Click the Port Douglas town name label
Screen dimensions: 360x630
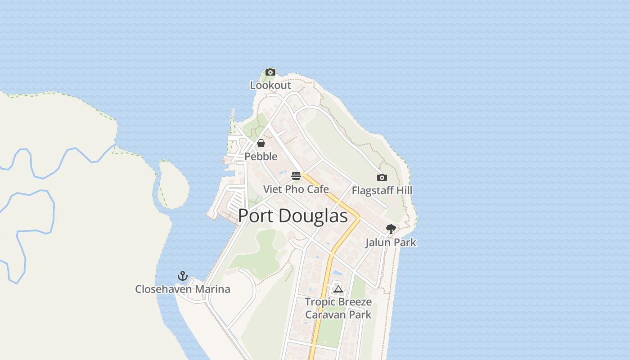(x=292, y=216)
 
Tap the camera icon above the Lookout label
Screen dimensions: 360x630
(x=270, y=72)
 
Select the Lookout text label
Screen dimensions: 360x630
(x=270, y=85)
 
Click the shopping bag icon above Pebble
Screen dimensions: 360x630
(x=261, y=143)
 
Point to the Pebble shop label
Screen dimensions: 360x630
(x=261, y=157)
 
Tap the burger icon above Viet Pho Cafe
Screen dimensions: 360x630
(x=296, y=175)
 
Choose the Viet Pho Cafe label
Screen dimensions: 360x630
(x=296, y=189)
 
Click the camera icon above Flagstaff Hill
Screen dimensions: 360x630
(x=382, y=177)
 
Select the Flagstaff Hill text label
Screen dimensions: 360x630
(x=382, y=190)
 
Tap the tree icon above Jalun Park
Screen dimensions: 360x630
(x=391, y=229)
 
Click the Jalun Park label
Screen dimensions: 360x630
(x=391, y=243)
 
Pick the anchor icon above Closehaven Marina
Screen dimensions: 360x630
(x=183, y=276)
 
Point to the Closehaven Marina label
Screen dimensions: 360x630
(x=183, y=289)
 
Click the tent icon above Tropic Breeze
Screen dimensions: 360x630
(x=338, y=289)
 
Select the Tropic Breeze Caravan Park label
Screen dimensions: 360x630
(x=338, y=308)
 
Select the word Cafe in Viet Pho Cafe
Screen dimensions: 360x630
(x=318, y=189)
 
